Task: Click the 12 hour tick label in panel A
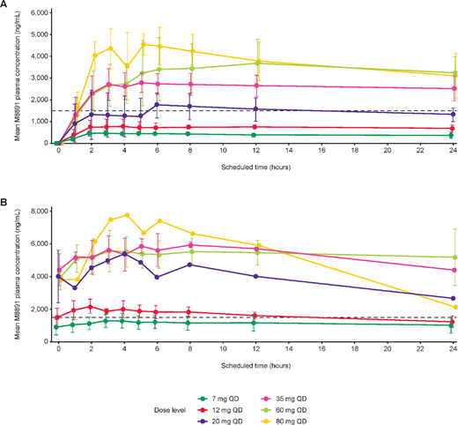[x=255, y=152]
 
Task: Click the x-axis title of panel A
[x=255, y=165]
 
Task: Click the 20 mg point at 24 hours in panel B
[x=453, y=297]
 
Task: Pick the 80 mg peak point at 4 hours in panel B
[x=127, y=214]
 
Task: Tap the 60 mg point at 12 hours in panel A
[x=256, y=63]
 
